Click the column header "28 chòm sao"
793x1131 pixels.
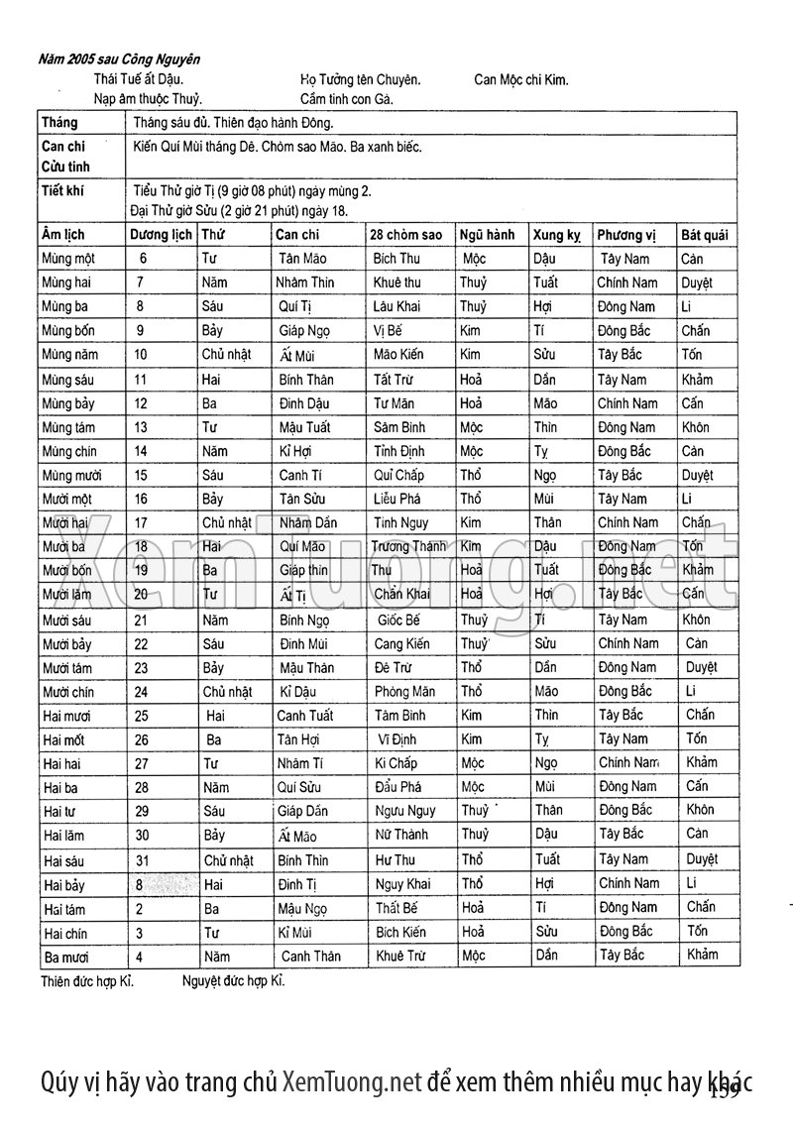pos(405,235)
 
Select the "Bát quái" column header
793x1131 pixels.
pos(704,235)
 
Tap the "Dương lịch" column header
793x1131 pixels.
pos(162,235)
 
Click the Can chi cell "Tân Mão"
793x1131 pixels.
pos(302,259)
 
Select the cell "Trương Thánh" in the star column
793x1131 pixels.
pos(408,546)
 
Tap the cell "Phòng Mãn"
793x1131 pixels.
pos(404,692)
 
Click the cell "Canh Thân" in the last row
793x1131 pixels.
pos(310,957)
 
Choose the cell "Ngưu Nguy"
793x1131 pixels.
pos(404,812)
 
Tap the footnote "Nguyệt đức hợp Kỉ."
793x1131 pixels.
pos(233,982)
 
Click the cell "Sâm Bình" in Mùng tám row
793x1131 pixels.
pos(398,427)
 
